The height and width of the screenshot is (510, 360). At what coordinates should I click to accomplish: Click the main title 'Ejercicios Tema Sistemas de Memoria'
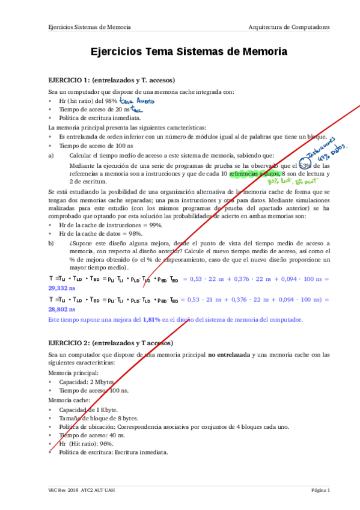[189, 53]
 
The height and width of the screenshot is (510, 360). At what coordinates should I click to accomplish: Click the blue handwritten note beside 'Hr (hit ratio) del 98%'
[137, 101]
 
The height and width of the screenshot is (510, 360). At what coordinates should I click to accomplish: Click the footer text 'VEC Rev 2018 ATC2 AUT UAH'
[82, 491]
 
